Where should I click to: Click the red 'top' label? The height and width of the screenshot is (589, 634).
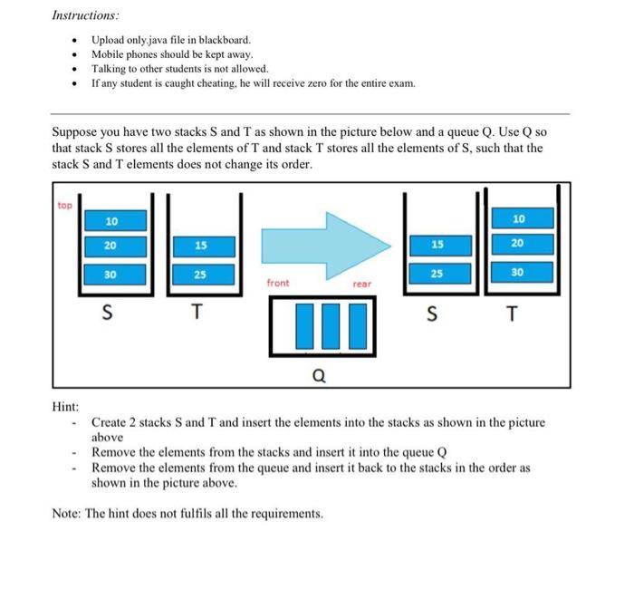[x=64, y=205]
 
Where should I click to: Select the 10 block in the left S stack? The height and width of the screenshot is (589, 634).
[x=110, y=221]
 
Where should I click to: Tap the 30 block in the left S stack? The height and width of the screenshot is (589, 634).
[x=110, y=273]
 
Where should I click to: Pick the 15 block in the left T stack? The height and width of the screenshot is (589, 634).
[x=201, y=246]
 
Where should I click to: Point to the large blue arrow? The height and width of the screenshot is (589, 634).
[x=326, y=245]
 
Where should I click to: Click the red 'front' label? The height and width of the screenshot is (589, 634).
[x=278, y=284]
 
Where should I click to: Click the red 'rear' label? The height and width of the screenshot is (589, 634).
[x=361, y=284]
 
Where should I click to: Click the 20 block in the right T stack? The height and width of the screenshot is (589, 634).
[x=517, y=243]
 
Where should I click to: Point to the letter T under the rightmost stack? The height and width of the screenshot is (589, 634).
[x=514, y=314]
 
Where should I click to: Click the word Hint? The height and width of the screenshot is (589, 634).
[x=65, y=406]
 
